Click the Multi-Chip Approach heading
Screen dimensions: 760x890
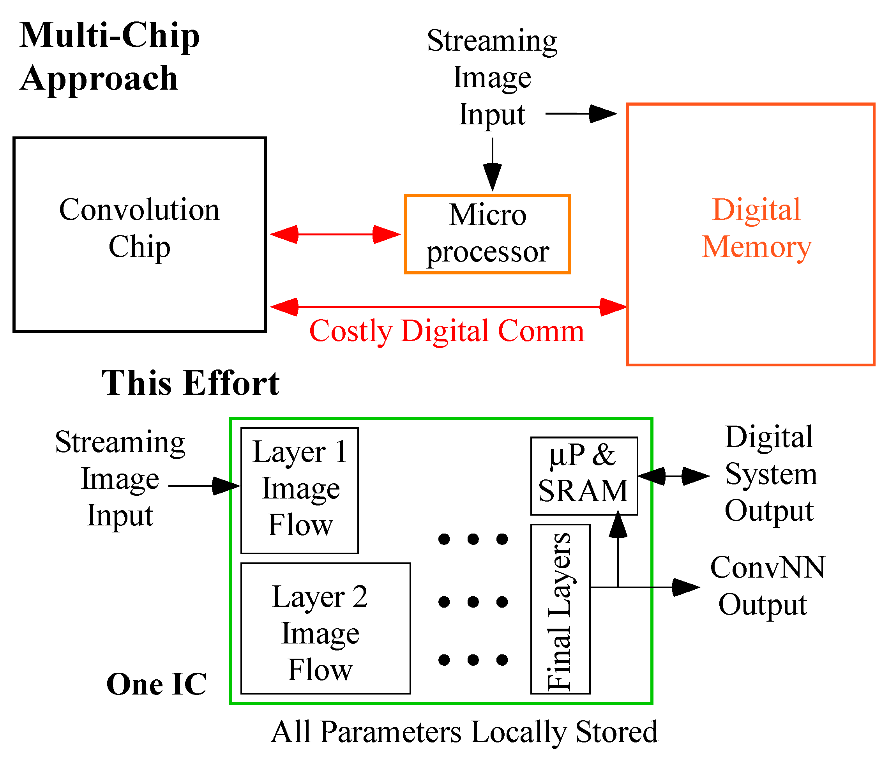coord(109,57)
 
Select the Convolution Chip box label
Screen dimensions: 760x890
coord(139,228)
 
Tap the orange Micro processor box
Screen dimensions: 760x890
coord(487,234)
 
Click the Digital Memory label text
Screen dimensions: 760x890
coord(756,228)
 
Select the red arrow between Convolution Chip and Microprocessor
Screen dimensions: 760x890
coord(335,235)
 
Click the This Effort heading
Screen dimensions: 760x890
coord(190,383)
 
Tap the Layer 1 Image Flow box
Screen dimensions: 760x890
coord(300,490)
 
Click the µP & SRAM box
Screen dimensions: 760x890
coord(584,475)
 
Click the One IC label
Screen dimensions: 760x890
coord(156,684)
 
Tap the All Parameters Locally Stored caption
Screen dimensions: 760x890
coord(464,732)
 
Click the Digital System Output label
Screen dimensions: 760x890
coord(770,474)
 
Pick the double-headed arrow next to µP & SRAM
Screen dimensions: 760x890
coord(673,476)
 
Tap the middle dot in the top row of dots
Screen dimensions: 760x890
coord(473,539)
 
